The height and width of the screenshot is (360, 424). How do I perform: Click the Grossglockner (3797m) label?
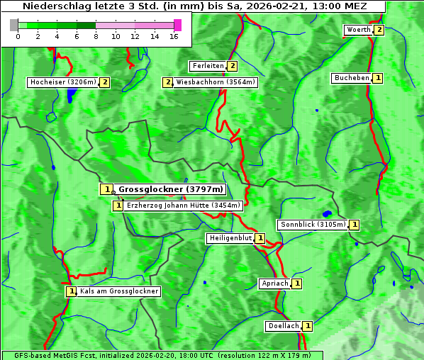click(171, 189)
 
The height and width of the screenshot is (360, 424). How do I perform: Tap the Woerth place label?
click(358, 30)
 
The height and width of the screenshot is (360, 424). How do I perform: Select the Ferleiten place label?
click(208, 66)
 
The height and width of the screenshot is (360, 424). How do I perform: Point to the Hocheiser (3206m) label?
click(62, 82)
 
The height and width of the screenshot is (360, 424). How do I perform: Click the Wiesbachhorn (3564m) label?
click(216, 82)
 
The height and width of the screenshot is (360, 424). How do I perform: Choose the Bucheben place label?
click(352, 78)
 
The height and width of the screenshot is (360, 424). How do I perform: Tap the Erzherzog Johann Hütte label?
click(184, 206)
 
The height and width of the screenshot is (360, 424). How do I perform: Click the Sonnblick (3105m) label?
click(313, 225)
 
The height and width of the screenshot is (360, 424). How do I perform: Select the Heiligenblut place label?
click(230, 238)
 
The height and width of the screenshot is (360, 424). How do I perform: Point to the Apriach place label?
click(275, 283)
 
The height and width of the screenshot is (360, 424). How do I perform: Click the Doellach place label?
click(284, 326)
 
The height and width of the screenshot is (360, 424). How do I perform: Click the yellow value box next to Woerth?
click(379, 30)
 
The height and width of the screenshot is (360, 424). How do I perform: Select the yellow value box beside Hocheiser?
click(105, 82)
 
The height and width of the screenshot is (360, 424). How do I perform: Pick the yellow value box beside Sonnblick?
click(355, 225)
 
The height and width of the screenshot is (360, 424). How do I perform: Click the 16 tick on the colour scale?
click(174, 36)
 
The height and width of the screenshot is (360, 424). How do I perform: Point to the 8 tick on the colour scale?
click(96, 36)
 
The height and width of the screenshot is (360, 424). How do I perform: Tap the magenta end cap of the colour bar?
click(177, 25)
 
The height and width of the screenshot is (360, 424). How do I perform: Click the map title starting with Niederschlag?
click(193, 6)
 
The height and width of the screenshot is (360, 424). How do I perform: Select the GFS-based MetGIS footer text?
click(162, 355)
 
